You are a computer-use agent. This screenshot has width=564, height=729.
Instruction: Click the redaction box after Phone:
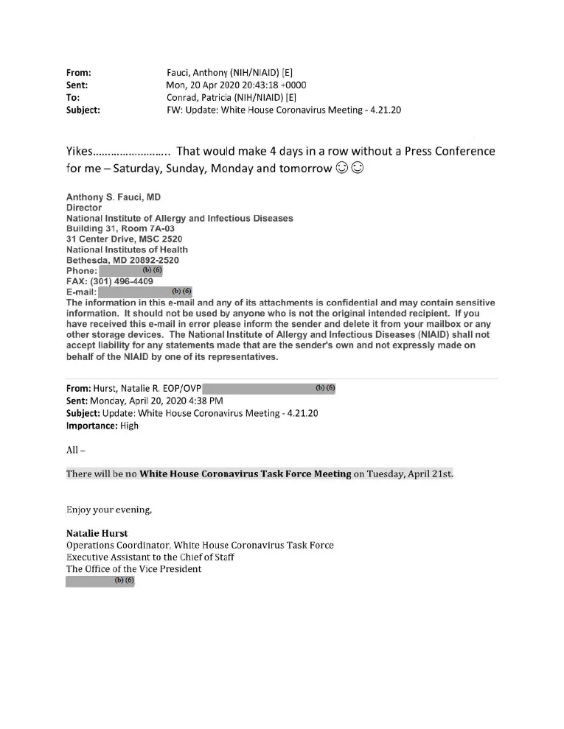pos(130,271)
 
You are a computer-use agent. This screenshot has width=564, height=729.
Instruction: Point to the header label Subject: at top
pos(83,110)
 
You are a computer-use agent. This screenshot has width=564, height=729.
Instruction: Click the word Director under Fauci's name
pos(84,208)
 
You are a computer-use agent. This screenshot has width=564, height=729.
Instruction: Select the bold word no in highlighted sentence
pos(130,473)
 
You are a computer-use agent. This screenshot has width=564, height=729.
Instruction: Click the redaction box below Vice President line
pos(101,581)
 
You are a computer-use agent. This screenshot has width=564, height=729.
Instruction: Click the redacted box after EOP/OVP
pos(268,388)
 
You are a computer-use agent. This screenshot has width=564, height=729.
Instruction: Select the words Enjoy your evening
pos(110,509)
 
